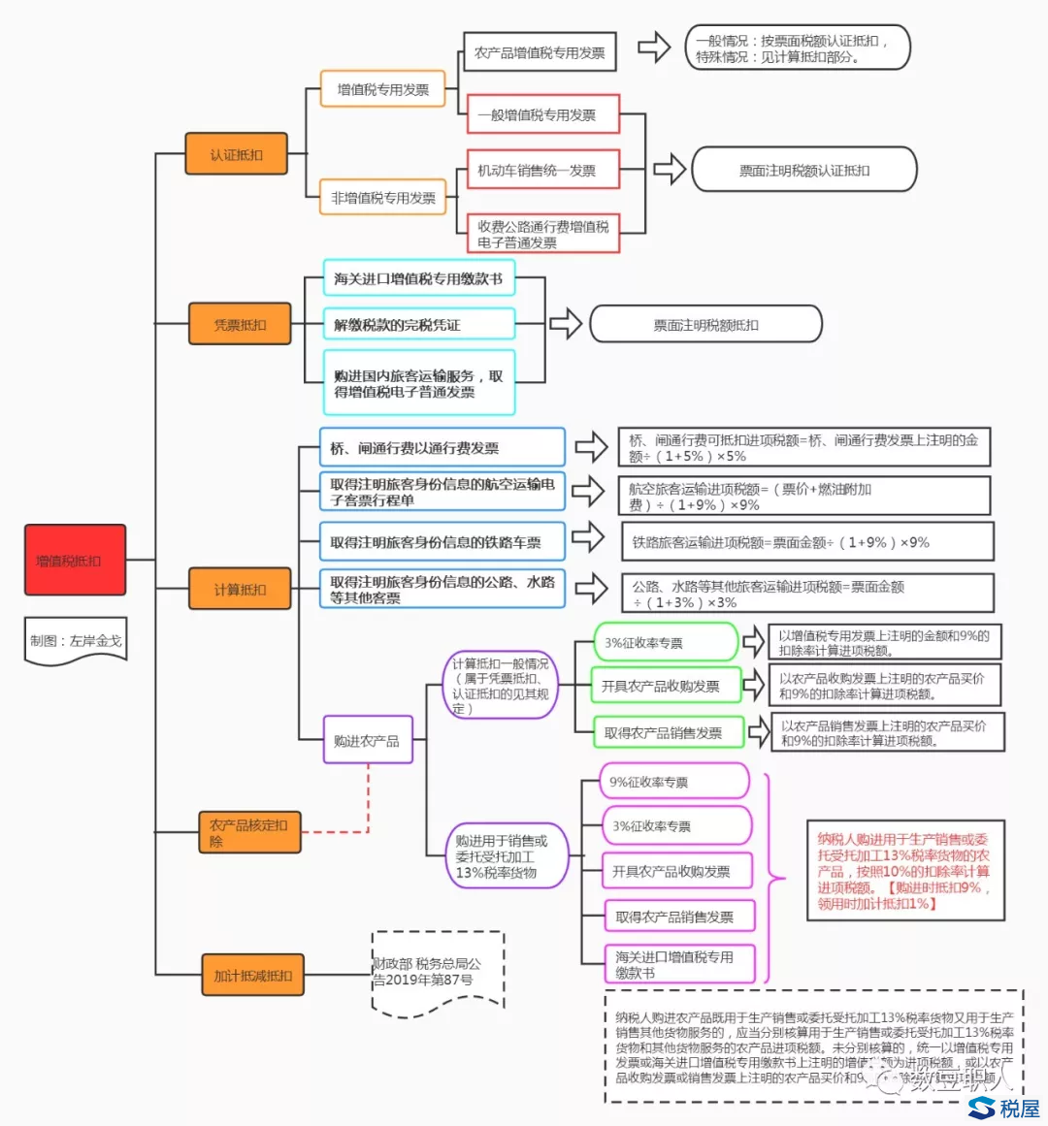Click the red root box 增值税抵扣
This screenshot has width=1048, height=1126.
pos(75,560)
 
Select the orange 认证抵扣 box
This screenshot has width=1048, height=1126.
pos(236,154)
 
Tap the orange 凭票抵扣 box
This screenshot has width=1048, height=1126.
pos(240,324)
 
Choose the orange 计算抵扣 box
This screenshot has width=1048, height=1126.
pos(240,589)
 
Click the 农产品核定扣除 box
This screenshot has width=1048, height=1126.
pos(248,832)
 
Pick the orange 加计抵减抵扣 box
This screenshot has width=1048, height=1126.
pos(252,975)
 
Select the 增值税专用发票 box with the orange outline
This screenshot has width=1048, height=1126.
pos(382,89)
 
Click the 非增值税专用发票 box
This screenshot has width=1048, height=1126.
pos(383,198)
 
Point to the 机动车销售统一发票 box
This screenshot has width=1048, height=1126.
pos(542,171)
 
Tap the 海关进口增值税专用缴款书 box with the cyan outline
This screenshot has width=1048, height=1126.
pos(418,278)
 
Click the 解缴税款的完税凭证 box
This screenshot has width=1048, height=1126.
pos(418,324)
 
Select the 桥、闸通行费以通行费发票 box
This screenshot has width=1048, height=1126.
pos(442,448)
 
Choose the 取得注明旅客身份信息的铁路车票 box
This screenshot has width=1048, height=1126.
pos(442,542)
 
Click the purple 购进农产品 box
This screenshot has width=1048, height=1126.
pos(367,740)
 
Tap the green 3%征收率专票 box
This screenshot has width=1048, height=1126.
pos(665,642)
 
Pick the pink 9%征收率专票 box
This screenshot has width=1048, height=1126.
pos(675,782)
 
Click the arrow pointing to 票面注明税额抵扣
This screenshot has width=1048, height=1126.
pos(565,324)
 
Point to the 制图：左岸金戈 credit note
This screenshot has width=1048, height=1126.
pos(76,641)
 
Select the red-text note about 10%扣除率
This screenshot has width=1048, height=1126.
pos(904,871)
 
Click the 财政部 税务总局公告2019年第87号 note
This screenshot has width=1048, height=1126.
pos(438,972)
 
